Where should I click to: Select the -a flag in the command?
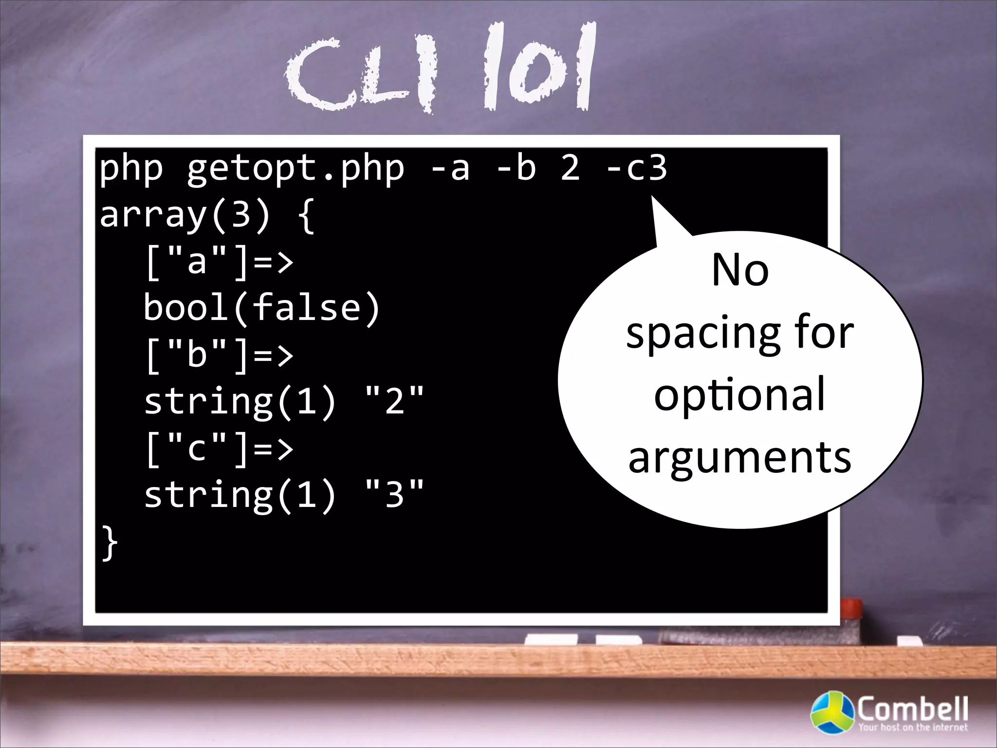coord(450,168)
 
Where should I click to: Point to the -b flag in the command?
coord(516,168)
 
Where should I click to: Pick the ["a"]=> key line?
coord(219,262)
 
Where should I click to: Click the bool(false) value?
coord(262,308)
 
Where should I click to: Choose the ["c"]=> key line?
coord(219,449)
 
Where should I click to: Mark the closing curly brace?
coord(110,543)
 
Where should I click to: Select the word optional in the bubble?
coord(740,395)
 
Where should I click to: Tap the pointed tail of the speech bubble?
coord(662,214)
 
